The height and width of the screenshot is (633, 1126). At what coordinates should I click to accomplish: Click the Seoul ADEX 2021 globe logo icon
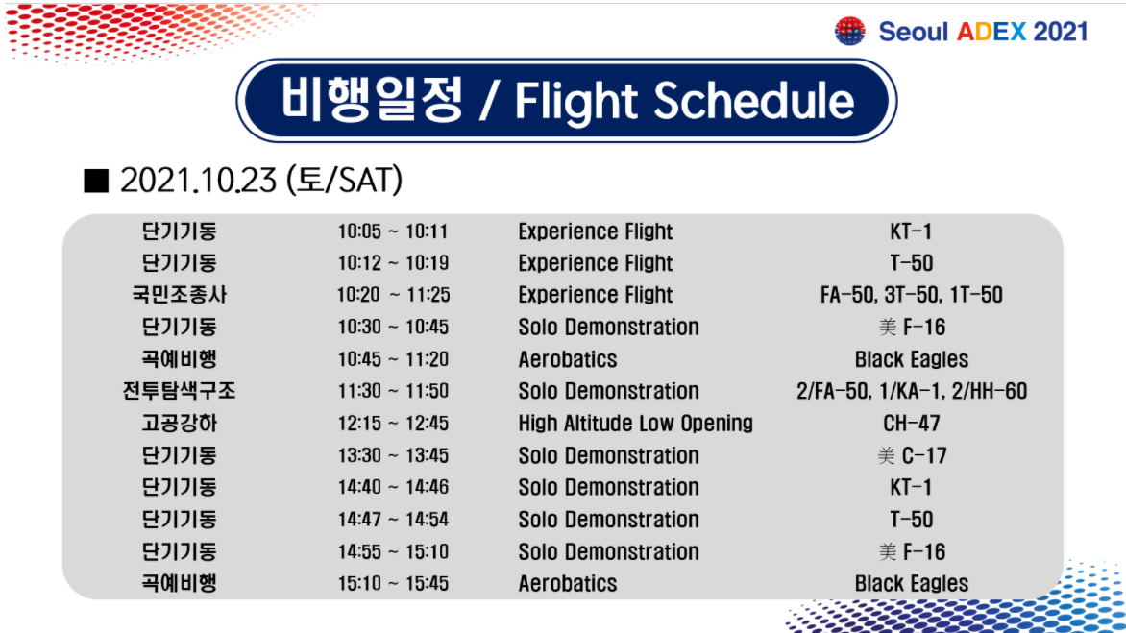click(x=849, y=32)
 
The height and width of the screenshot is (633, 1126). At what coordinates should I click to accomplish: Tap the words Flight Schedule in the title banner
click(x=684, y=101)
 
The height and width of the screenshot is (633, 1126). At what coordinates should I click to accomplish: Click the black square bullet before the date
click(x=96, y=181)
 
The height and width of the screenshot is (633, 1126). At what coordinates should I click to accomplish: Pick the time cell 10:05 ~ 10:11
click(x=393, y=231)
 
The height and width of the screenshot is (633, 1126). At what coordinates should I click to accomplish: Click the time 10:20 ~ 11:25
click(x=394, y=295)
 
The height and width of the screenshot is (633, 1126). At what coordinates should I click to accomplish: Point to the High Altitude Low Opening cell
click(x=635, y=424)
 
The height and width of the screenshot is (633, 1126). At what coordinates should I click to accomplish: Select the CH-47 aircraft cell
click(x=912, y=424)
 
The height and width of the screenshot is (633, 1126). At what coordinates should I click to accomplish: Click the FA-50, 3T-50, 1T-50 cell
click(x=912, y=295)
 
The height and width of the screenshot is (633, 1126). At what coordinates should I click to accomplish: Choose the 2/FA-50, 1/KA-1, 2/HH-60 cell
click(x=912, y=391)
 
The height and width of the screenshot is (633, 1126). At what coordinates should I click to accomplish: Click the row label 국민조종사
click(x=179, y=295)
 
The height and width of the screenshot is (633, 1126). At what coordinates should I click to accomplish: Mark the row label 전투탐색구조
click(x=179, y=391)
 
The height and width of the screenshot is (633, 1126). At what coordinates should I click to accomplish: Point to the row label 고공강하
click(x=179, y=424)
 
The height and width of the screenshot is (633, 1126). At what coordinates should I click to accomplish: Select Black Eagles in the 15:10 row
click(x=912, y=583)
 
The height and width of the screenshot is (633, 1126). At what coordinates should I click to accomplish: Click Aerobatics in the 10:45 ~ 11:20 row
click(x=567, y=359)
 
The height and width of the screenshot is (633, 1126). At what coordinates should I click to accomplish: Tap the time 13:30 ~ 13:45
click(x=393, y=455)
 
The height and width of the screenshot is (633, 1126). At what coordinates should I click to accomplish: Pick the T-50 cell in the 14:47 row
click(x=912, y=520)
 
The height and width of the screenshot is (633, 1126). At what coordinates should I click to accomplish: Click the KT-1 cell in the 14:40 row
click(x=911, y=487)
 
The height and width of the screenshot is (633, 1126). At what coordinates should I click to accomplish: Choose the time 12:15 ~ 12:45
click(x=393, y=424)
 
